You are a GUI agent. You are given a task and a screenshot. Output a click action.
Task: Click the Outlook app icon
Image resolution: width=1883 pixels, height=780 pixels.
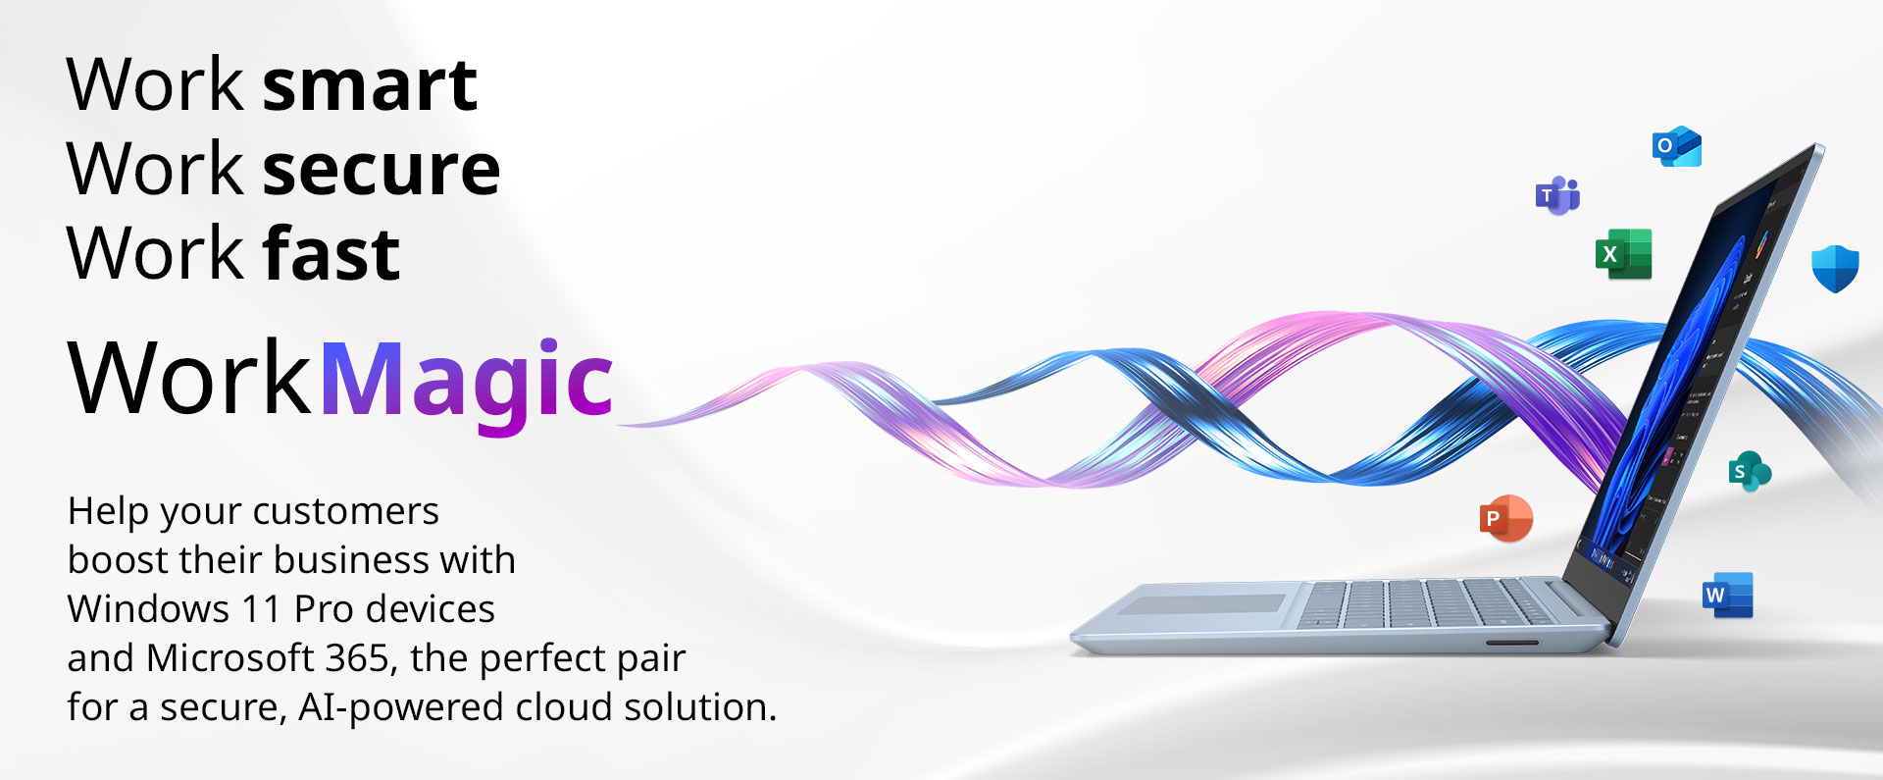tap(1677, 146)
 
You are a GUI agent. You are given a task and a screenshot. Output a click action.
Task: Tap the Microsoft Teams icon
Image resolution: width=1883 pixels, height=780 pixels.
tap(1557, 195)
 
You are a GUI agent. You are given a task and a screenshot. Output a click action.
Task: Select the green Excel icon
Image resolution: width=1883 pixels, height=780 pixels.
tap(1624, 254)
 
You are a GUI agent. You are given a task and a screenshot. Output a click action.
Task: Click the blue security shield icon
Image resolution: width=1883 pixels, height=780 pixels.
tap(1835, 268)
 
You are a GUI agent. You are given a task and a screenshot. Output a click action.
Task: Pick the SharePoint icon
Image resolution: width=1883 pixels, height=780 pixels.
tap(1749, 471)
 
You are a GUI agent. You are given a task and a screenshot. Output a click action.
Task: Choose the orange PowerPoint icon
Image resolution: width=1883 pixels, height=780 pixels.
tap(1506, 518)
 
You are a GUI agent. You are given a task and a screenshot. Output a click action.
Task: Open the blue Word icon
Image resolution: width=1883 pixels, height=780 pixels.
tap(1728, 596)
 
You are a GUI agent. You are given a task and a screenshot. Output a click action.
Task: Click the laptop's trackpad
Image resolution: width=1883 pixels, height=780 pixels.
tap(1202, 604)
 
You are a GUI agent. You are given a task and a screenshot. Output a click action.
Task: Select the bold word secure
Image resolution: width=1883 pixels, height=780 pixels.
tap(382, 170)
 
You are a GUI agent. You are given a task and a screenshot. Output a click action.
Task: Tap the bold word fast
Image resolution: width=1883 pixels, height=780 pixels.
tap(331, 253)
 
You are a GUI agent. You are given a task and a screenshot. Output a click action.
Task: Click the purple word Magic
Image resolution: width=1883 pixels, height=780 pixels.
tap(466, 382)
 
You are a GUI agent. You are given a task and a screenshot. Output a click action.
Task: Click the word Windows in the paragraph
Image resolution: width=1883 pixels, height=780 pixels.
tap(148, 608)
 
